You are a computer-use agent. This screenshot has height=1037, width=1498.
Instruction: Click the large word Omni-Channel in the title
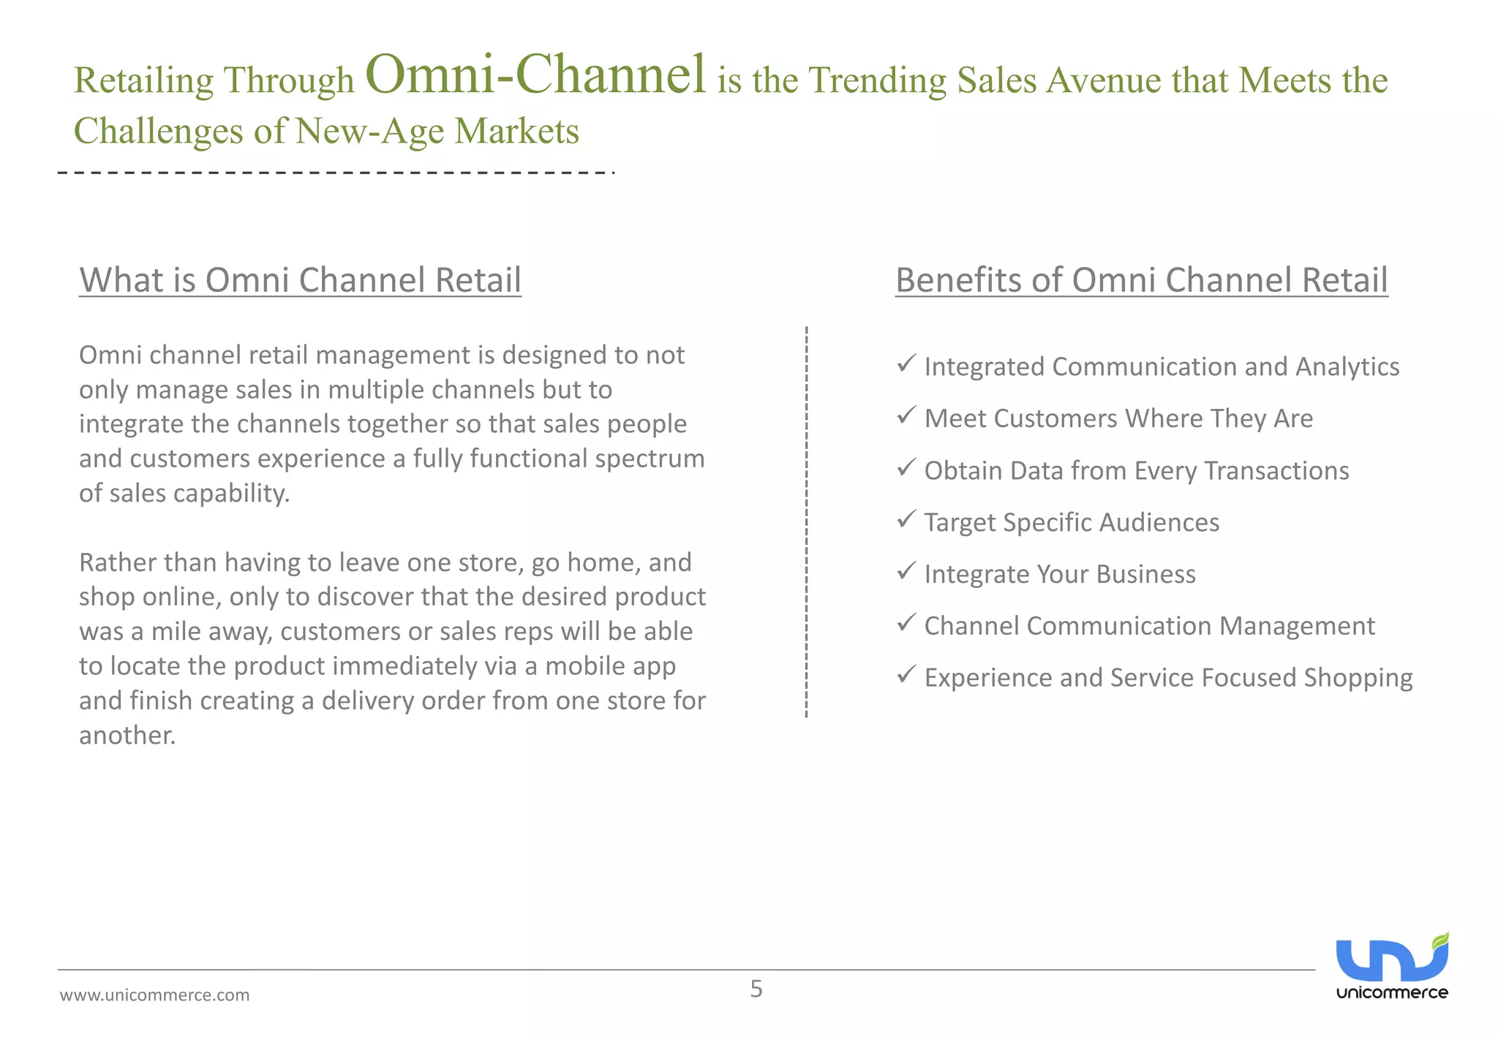pyautogui.click(x=535, y=75)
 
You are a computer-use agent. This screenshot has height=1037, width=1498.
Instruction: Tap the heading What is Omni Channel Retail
pyautogui.click(x=300, y=280)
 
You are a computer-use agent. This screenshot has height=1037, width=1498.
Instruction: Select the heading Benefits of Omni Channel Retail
pyautogui.click(x=1141, y=280)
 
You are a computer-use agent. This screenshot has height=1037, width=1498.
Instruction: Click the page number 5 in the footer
pyautogui.click(x=756, y=989)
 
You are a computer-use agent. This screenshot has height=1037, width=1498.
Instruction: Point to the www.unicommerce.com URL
pyautogui.click(x=154, y=995)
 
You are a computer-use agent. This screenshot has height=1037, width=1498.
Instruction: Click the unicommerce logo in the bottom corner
pyautogui.click(x=1392, y=966)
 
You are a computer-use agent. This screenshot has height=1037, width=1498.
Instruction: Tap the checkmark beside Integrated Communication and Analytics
pyautogui.click(x=906, y=363)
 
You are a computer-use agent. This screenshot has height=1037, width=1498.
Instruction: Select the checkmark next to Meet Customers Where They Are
pyautogui.click(x=906, y=415)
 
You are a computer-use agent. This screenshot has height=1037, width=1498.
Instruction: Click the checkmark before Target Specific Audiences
pyautogui.click(x=906, y=518)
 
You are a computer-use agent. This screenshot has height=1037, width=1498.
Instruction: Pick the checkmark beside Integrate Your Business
pyautogui.click(x=906, y=570)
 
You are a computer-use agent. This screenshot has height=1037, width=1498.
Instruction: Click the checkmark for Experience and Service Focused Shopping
pyautogui.click(x=906, y=674)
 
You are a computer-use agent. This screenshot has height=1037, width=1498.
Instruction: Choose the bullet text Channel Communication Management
pyautogui.click(x=1149, y=626)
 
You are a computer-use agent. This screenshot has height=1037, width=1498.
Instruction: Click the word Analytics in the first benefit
pyautogui.click(x=1347, y=367)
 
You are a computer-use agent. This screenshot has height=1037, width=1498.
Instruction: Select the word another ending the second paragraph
pyautogui.click(x=127, y=735)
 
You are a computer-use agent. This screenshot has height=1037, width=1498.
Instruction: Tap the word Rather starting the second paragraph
pyautogui.click(x=117, y=562)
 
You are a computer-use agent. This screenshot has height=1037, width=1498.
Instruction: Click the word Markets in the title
pyautogui.click(x=516, y=132)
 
